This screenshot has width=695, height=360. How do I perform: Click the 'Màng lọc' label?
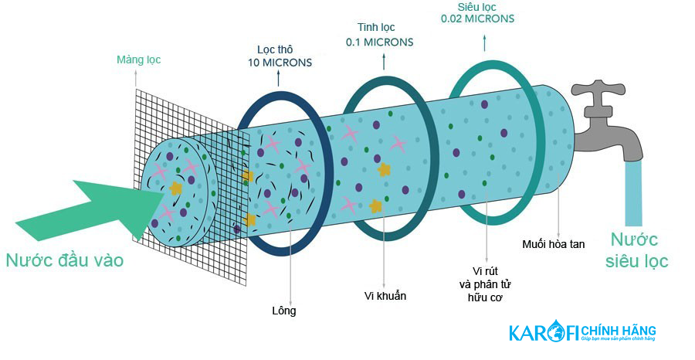click(x=139, y=59)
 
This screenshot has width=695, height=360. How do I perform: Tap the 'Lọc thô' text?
click(x=275, y=49)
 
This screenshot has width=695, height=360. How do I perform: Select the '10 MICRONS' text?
click(x=280, y=63)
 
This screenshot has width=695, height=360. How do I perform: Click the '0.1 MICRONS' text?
click(x=379, y=42)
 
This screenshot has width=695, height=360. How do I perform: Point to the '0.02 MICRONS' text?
click(x=477, y=19)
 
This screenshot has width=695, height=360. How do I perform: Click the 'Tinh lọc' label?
click(x=376, y=28)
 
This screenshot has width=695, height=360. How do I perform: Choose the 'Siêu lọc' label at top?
click(x=476, y=7)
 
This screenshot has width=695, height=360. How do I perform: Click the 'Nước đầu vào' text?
click(x=65, y=260)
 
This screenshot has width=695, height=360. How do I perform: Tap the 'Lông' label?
click(x=284, y=311)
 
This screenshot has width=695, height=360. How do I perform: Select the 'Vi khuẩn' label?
click(x=385, y=296)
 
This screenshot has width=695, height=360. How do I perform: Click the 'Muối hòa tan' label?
click(x=553, y=244)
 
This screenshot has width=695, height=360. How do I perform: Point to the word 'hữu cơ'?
click(x=485, y=298)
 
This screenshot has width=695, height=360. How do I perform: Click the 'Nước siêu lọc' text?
click(x=636, y=250)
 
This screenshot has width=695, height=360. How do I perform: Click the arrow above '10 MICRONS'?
click(x=278, y=78)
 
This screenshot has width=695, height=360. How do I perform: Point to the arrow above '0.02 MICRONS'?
click(x=484, y=42)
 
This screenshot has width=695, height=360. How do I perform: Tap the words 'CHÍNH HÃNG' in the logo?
click(x=619, y=331)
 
